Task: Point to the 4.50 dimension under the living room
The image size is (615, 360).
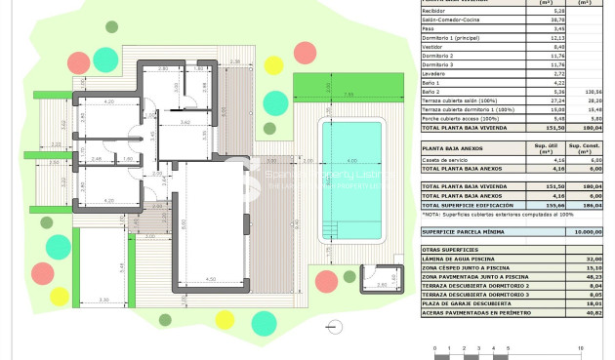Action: click(210, 278)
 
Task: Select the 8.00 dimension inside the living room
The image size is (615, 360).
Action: click(184, 223)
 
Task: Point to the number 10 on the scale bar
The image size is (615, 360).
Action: click(581, 348)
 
